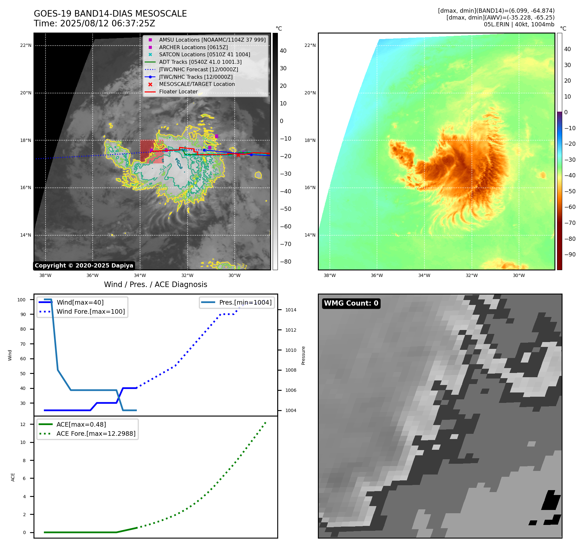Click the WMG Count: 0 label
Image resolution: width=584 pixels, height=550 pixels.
(351, 303)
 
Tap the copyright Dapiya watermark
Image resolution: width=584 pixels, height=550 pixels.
(84, 266)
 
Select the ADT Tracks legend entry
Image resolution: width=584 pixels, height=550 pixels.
(200, 62)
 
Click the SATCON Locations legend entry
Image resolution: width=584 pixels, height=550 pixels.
(204, 54)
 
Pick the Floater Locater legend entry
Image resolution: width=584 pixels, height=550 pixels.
(178, 91)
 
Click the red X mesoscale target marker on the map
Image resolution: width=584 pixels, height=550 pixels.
(238, 155)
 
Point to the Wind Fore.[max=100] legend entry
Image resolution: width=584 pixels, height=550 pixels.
(91, 311)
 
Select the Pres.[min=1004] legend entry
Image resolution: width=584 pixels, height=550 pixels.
(245, 302)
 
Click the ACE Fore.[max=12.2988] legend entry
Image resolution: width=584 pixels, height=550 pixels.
(96, 433)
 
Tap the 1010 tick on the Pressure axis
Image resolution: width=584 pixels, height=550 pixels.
(291, 350)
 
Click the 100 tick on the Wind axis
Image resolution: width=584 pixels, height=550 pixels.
(21, 300)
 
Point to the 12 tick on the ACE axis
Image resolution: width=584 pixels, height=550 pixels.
(23, 424)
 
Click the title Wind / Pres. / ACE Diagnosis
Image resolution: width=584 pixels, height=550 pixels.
(155, 284)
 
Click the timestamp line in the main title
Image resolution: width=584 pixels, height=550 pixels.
(95, 23)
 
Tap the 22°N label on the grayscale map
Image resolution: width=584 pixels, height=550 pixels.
(26, 45)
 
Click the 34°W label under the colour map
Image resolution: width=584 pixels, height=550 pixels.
(424, 275)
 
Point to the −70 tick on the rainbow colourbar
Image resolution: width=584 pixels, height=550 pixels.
(570, 223)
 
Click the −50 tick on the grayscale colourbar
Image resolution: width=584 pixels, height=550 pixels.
(286, 209)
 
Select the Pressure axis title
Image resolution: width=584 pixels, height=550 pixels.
(303, 355)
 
